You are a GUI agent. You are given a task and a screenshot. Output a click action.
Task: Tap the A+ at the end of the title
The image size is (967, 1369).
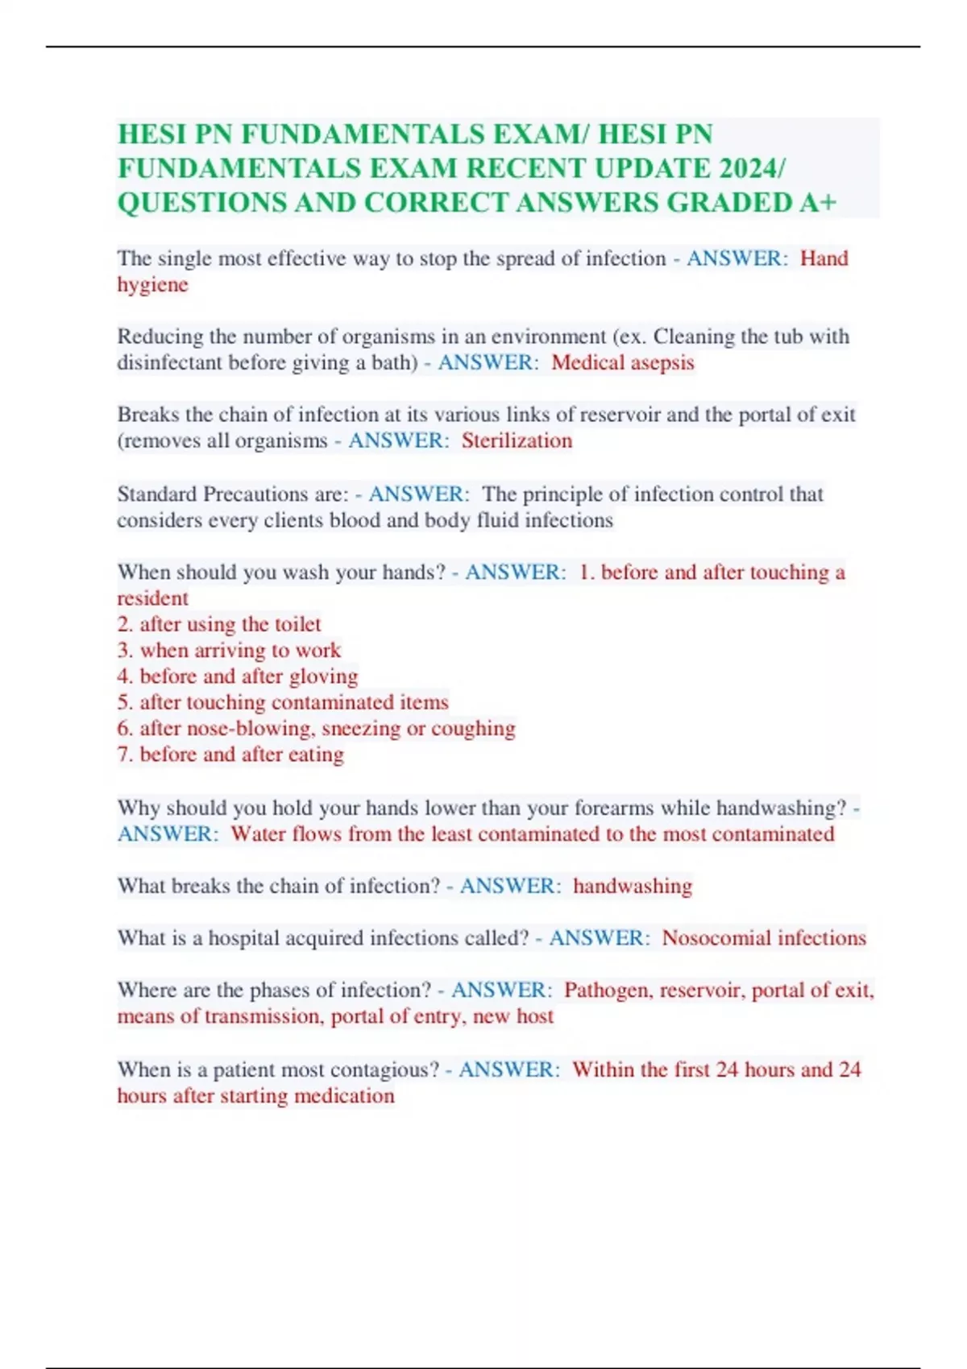818,203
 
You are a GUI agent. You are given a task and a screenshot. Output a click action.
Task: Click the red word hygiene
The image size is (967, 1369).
152,285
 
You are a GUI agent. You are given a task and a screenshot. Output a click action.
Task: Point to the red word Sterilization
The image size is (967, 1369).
517,441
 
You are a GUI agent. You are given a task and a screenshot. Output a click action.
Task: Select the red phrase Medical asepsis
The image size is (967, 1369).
622,363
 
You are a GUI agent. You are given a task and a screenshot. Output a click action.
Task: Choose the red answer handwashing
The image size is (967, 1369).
633,887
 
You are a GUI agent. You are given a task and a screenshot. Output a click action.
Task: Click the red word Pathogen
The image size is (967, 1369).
608,991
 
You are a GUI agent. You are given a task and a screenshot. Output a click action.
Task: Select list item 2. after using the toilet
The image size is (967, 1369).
219,625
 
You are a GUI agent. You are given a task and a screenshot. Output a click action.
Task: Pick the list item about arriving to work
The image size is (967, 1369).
229,651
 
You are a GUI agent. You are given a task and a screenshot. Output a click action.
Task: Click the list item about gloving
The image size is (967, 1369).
238,676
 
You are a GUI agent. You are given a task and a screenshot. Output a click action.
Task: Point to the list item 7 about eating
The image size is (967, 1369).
230,755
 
